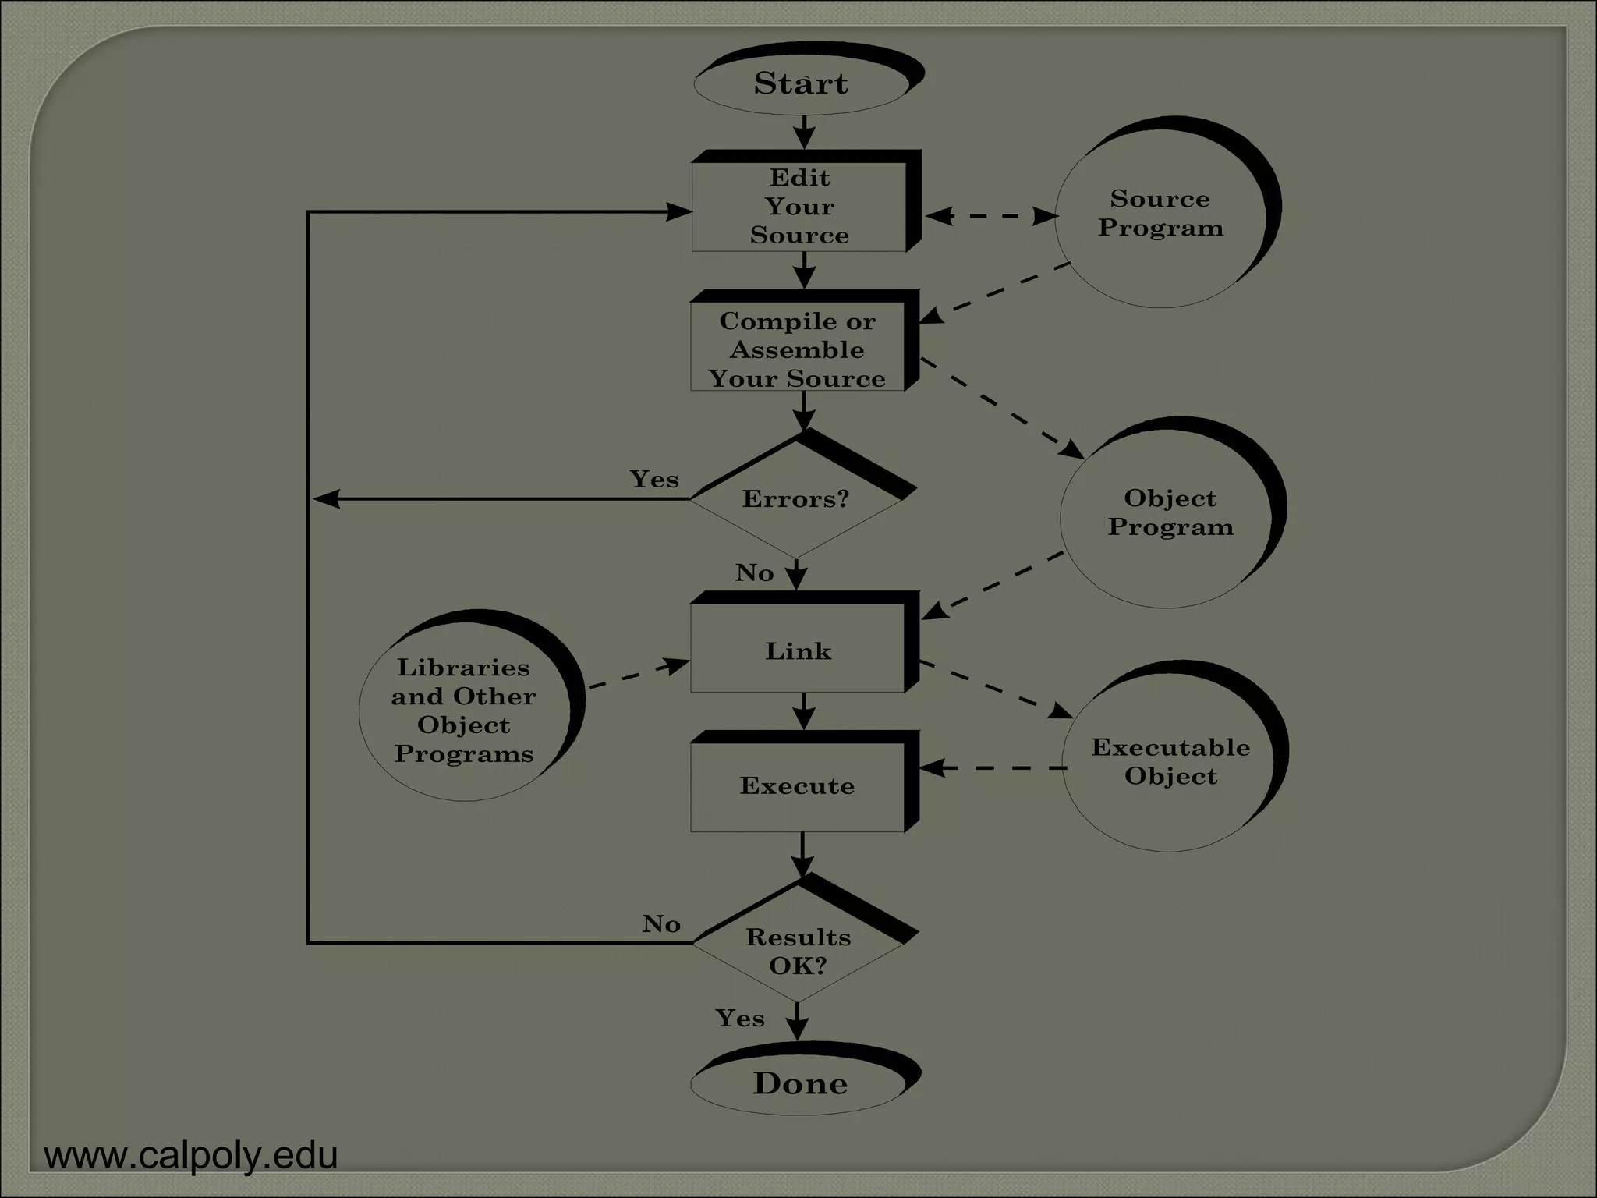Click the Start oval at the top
coord(801,83)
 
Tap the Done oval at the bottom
coord(800,1083)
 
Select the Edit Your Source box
coord(799,207)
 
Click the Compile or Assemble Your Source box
coord(797,349)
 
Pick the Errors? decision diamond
coord(795,499)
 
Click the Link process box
coord(798,650)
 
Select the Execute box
coord(797,785)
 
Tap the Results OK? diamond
coord(798,950)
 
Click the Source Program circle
coord(1160,214)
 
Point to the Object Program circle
coord(1170,512)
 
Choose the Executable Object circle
coord(1170,761)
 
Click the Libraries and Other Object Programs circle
coord(464,710)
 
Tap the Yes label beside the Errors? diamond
coord(654,479)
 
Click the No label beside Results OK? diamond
coord(661,924)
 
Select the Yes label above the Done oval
coord(740,1018)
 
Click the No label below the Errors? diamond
coord(754,573)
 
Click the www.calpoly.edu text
coord(191,1155)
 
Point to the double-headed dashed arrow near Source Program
coord(990,216)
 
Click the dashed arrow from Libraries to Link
coord(638,675)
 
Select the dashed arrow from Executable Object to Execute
coord(992,768)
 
